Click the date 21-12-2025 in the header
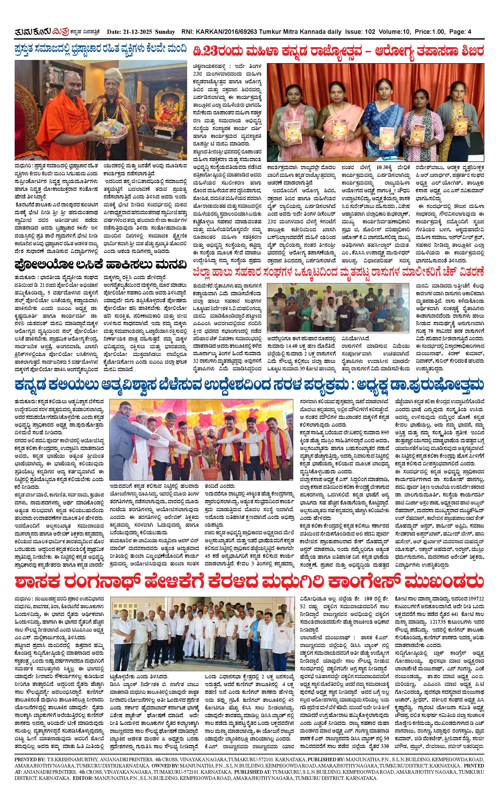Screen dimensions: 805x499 pos(136,32)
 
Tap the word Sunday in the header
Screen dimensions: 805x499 pos(164,32)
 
